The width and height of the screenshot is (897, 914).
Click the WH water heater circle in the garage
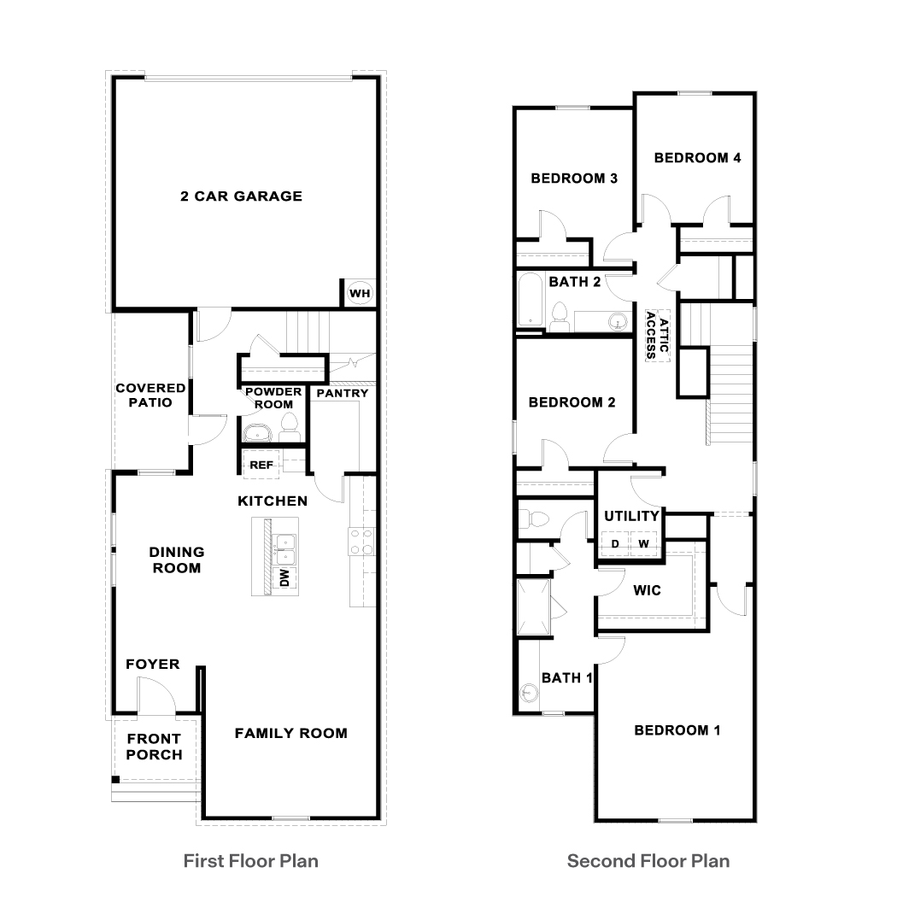(x=360, y=294)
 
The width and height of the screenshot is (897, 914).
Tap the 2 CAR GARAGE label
(x=241, y=196)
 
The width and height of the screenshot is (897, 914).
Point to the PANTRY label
(x=342, y=393)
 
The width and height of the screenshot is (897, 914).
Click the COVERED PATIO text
(x=150, y=395)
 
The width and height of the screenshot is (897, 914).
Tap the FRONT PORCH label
(x=154, y=747)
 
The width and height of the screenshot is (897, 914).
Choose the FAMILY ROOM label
(x=290, y=733)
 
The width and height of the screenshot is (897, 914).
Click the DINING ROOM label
(x=176, y=560)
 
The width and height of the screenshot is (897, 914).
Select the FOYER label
(x=153, y=664)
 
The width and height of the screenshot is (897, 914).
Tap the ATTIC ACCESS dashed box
(x=658, y=335)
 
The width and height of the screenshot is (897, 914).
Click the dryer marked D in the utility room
(x=614, y=544)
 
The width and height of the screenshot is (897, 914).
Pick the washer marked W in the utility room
(x=643, y=544)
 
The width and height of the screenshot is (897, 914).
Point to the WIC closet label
(x=647, y=590)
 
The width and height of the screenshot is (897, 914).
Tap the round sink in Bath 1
(x=526, y=695)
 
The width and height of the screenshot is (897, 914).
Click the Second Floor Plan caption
(x=648, y=860)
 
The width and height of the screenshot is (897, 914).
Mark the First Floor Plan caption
(x=251, y=860)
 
